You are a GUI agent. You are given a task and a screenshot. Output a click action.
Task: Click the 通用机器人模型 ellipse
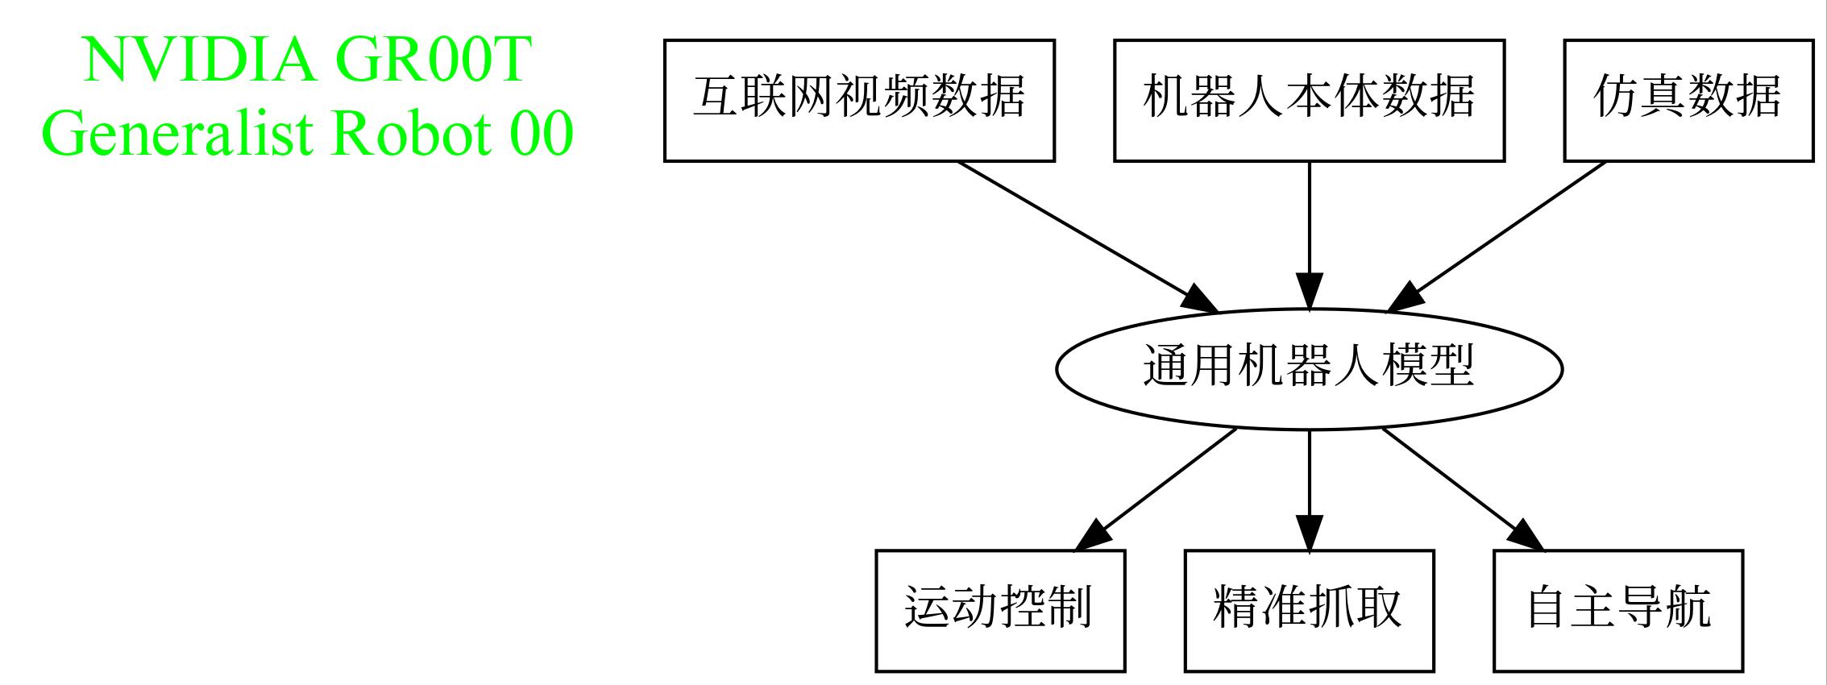coord(1309,369)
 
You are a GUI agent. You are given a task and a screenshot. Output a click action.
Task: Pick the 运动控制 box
coord(1000,611)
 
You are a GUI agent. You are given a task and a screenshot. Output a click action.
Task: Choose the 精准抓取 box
coord(1309,611)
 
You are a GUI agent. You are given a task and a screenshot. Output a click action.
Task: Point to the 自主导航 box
coord(1618,611)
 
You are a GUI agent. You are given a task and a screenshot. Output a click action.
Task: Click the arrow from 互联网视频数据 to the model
coord(1087,237)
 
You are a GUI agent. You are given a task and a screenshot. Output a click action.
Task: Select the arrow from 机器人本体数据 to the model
coord(1309,235)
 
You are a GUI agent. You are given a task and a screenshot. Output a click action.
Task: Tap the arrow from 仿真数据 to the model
coord(1496,237)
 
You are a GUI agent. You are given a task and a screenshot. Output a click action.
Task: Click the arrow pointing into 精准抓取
coord(1309,490)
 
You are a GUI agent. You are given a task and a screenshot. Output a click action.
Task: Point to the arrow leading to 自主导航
coord(1463,490)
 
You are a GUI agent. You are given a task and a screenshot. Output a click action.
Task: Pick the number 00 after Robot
coord(541,133)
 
